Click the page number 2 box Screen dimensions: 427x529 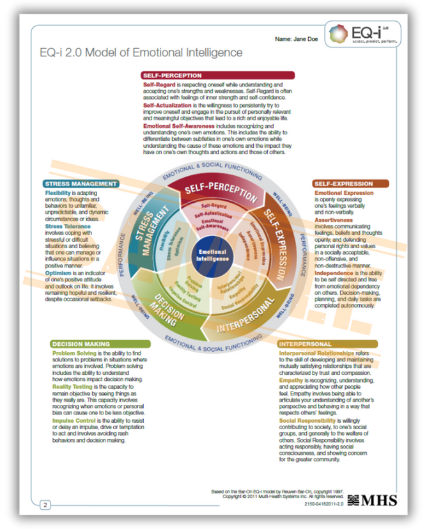coord(46,505)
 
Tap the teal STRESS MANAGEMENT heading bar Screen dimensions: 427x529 coord(81,184)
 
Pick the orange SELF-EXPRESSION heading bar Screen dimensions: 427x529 coord(350,184)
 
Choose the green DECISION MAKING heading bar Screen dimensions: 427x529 coord(86,343)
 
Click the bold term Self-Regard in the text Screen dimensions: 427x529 coord(159,84)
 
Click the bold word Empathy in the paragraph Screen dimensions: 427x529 coord(291,380)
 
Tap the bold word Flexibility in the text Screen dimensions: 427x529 coord(61,193)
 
